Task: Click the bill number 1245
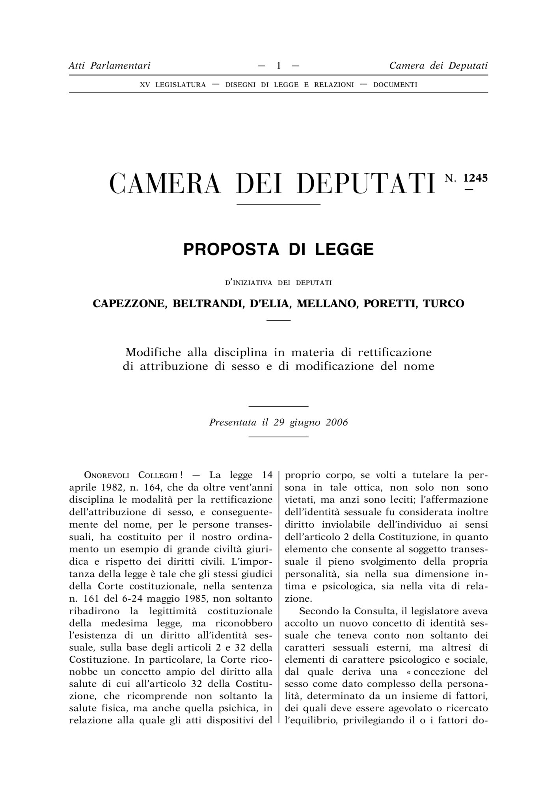[475, 178]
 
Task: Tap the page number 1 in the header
[279, 65]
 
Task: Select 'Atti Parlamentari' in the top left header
[110, 65]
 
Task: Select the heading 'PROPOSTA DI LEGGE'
[278, 249]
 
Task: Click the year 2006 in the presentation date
[337, 422]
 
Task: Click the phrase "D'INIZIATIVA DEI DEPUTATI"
[278, 282]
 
